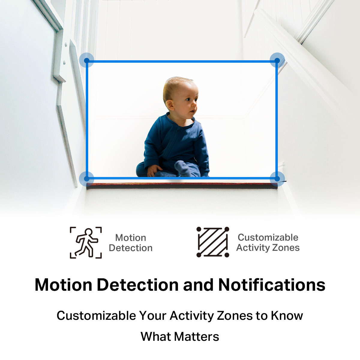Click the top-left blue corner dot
point(86,60)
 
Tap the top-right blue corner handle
point(277,60)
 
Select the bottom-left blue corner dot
point(86,179)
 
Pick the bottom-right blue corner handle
point(277,179)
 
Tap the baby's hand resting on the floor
point(154,170)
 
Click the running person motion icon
point(86,243)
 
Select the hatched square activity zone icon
point(213,242)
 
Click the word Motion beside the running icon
point(130,238)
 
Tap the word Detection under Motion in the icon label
point(130,248)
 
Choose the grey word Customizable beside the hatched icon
point(268,237)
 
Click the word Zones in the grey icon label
point(286,248)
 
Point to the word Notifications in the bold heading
point(272,285)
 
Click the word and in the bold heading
point(198,285)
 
